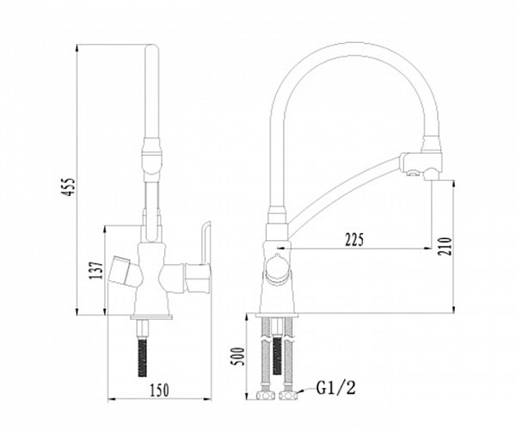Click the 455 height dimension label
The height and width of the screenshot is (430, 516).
[69, 187]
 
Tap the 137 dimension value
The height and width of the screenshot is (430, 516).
[95, 270]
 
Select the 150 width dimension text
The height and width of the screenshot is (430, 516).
[160, 390]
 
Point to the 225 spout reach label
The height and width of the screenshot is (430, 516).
[354, 240]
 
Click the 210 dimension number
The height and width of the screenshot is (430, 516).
[444, 247]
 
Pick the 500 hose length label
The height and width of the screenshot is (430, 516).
[238, 357]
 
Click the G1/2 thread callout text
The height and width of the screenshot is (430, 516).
[336, 388]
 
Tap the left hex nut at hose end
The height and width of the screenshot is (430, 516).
[266, 395]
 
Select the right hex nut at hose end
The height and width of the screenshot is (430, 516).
[289, 395]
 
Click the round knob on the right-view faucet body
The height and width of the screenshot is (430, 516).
[279, 270]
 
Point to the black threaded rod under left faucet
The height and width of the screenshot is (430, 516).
[143, 358]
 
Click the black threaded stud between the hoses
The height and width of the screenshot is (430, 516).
[277, 355]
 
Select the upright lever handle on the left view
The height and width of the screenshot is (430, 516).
[205, 243]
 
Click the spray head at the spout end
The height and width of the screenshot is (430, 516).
[421, 163]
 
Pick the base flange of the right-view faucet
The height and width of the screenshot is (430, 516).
[277, 315]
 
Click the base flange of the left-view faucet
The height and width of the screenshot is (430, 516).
[151, 316]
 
